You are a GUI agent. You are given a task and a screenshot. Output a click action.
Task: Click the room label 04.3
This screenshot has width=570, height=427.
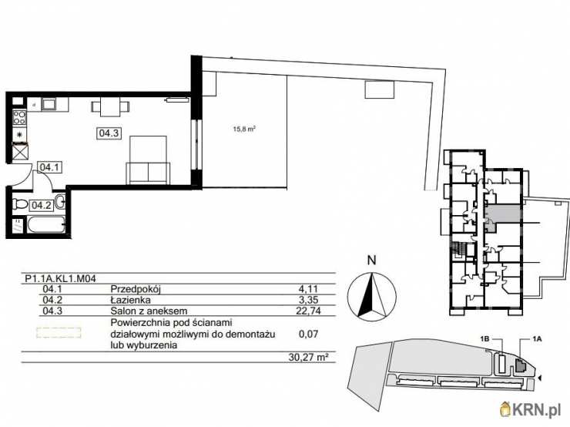(108, 133)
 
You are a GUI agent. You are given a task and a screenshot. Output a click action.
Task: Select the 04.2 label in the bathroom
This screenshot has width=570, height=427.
(41, 204)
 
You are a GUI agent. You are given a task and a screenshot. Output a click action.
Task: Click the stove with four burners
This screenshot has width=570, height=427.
(19, 119)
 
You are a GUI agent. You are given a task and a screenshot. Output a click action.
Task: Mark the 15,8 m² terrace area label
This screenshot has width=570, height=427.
(245, 129)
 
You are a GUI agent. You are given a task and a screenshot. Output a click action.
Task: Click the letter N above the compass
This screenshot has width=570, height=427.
(370, 260)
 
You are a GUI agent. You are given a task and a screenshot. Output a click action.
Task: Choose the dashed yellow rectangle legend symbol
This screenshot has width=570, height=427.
(59, 333)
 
